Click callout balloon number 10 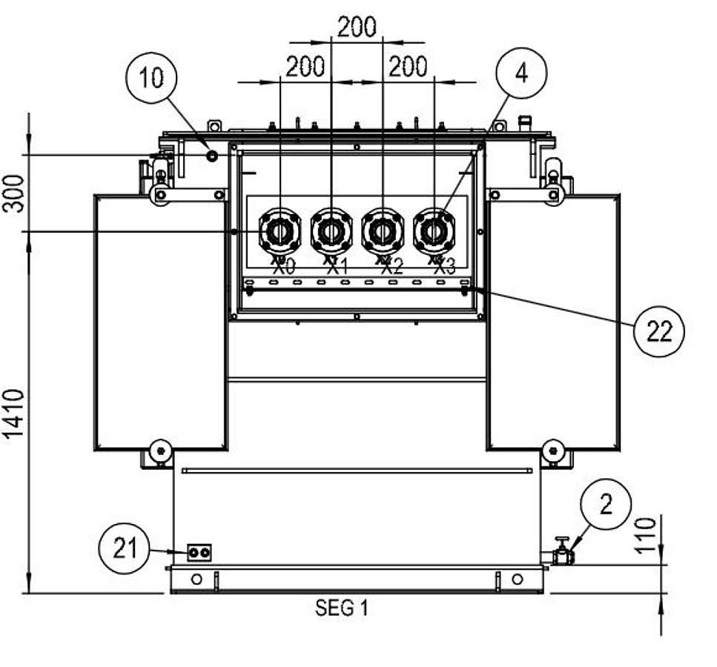click(152, 77)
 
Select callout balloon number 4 click(521, 73)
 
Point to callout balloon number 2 click(606, 505)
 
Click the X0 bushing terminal click(280, 232)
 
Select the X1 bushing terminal click(331, 232)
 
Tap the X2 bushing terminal click(383, 232)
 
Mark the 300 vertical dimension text click(15, 193)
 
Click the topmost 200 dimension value click(357, 27)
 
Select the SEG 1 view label click(341, 608)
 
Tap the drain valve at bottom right click(563, 553)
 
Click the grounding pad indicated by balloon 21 click(199, 553)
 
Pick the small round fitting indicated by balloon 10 click(212, 156)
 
